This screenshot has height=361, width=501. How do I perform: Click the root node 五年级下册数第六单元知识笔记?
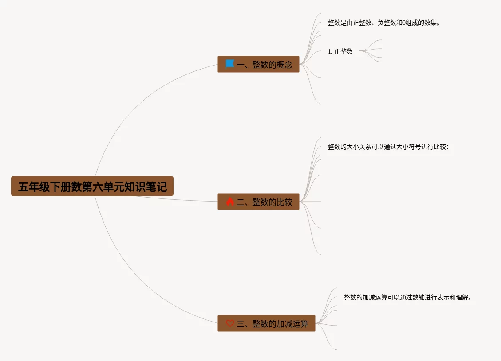point(92,186)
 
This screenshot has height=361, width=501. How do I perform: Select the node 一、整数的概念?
point(258,64)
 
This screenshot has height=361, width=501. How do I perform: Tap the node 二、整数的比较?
point(258,202)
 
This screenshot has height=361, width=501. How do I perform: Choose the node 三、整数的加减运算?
point(266,323)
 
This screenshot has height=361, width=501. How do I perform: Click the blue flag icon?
point(229,64)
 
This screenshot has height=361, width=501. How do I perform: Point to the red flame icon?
point(229,202)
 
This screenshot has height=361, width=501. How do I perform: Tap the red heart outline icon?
point(230,323)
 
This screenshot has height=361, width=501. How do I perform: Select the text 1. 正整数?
point(340,51)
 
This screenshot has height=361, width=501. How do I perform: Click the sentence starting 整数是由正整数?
point(384,23)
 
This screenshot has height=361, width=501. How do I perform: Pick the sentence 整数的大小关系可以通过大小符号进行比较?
point(388,147)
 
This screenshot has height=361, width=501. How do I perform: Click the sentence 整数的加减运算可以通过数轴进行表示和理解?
point(407,297)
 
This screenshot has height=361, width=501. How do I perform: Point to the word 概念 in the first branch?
point(284,65)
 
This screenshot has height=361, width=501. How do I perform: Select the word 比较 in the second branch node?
point(284,202)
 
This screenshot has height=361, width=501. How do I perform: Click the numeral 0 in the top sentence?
point(404,23)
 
